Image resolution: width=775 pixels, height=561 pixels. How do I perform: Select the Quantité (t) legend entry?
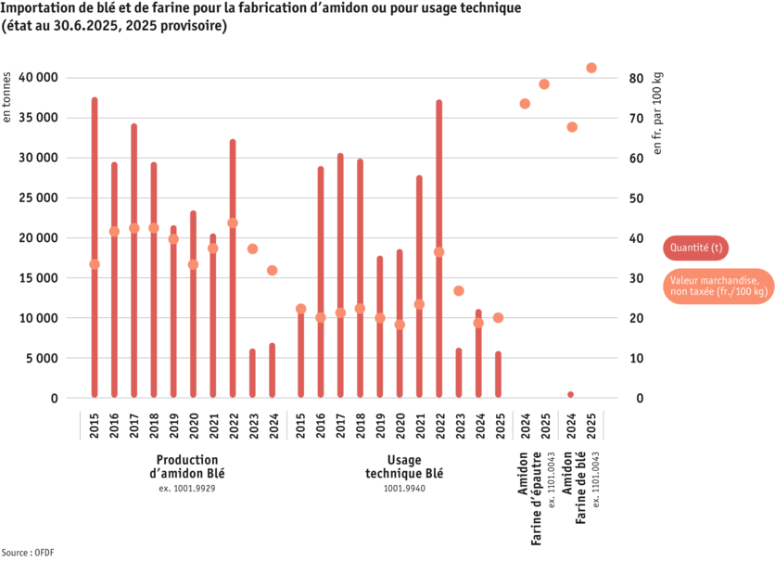pos(696,248)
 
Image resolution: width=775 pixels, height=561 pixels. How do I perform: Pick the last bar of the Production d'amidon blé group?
pos(273,370)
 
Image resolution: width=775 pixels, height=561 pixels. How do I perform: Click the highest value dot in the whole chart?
pos(591,68)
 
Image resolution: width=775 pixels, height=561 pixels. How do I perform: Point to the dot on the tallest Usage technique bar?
pos(439,252)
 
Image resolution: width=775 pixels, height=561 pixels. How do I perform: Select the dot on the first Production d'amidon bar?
pos(95,264)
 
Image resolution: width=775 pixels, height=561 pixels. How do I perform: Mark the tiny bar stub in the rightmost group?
pos(570,394)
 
